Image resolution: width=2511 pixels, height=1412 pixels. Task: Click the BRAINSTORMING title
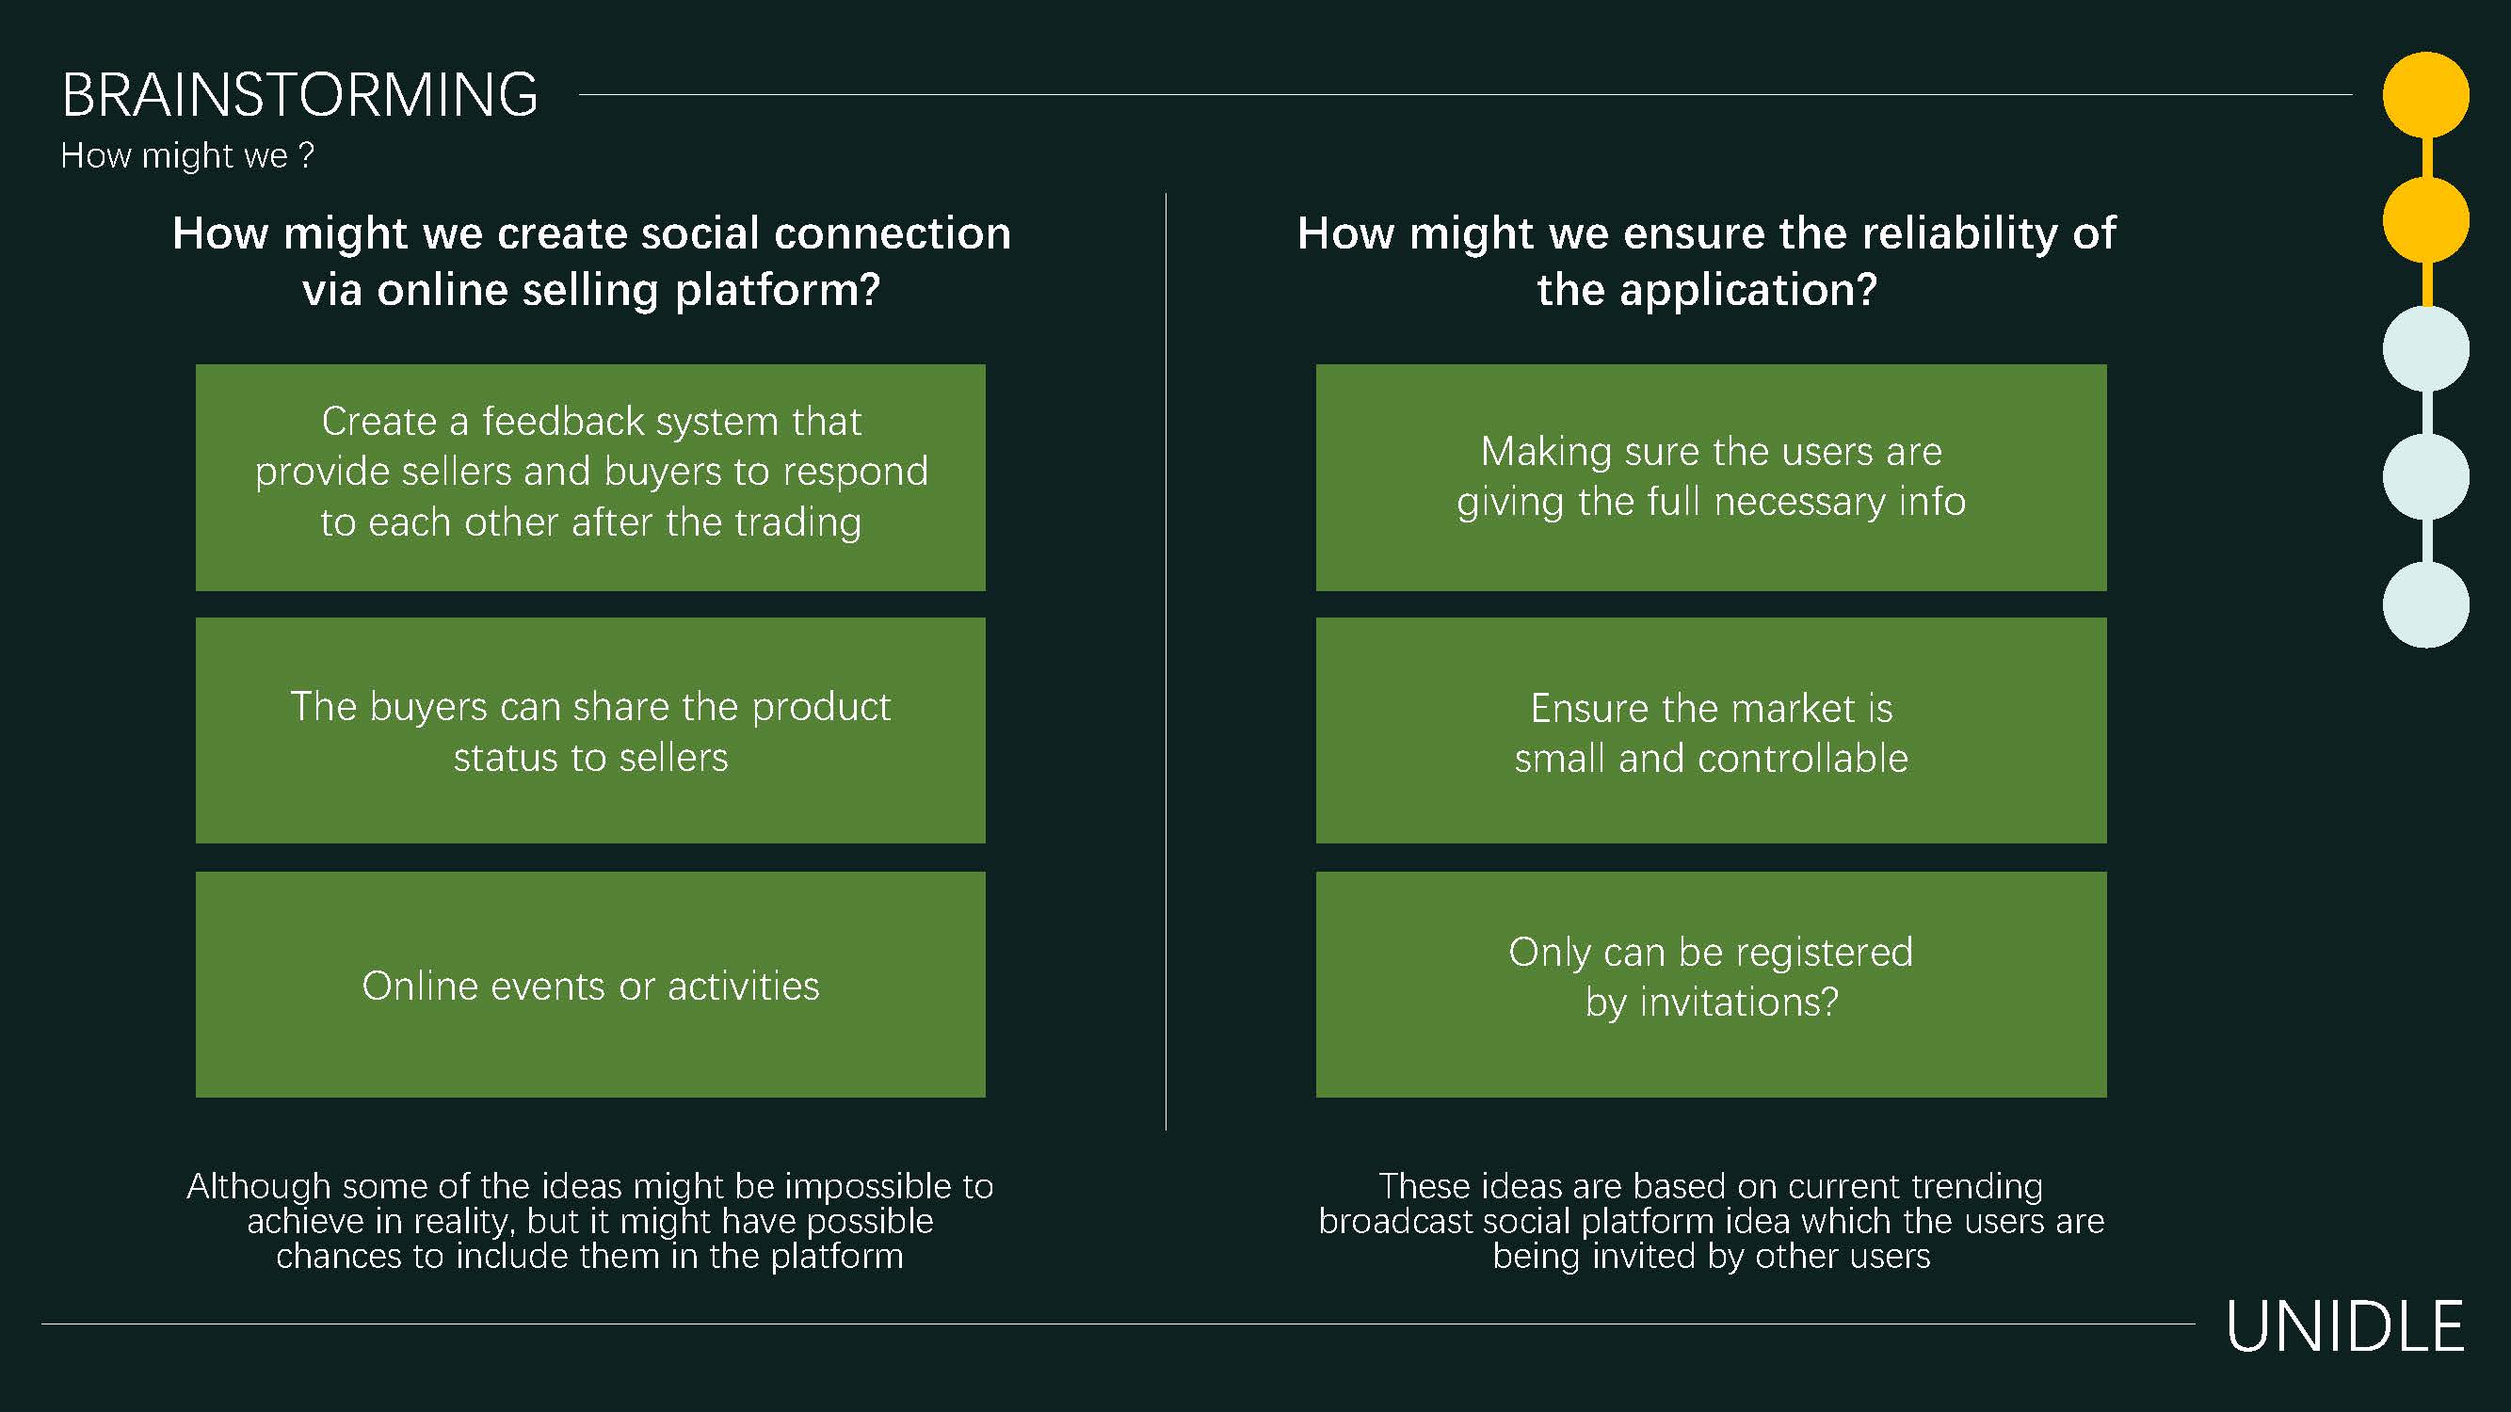pyautogui.click(x=299, y=95)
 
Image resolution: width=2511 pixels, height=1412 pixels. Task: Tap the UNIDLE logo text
pyautogui.click(x=2345, y=1327)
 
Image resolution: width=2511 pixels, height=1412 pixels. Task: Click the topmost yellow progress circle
pyautogui.click(x=2425, y=94)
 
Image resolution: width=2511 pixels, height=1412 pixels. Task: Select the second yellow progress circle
pyautogui.click(x=2425, y=220)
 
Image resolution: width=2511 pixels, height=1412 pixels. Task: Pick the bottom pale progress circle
pyautogui.click(x=2425, y=604)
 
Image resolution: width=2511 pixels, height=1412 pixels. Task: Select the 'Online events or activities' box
pyautogui.click(x=590, y=986)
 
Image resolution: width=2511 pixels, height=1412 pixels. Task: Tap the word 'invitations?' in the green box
pyautogui.click(x=1739, y=1003)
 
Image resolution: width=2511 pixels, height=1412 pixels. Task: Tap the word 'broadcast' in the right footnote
pyautogui.click(x=1395, y=1221)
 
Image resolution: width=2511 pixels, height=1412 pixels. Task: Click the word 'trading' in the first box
pyautogui.click(x=797, y=523)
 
